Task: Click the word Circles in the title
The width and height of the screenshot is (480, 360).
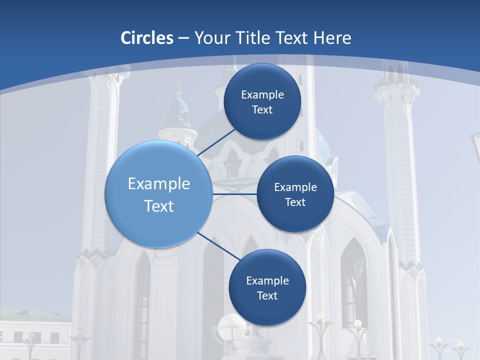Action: pos(147,38)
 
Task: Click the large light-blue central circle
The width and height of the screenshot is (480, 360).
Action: pos(159,194)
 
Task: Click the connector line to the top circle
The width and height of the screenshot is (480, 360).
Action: pos(217,142)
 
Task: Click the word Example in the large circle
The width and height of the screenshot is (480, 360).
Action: pos(159,184)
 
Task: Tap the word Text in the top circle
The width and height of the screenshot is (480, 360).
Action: pos(262,110)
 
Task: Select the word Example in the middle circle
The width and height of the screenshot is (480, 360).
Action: pos(295,187)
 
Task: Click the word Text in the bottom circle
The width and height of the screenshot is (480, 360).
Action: pos(267,295)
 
